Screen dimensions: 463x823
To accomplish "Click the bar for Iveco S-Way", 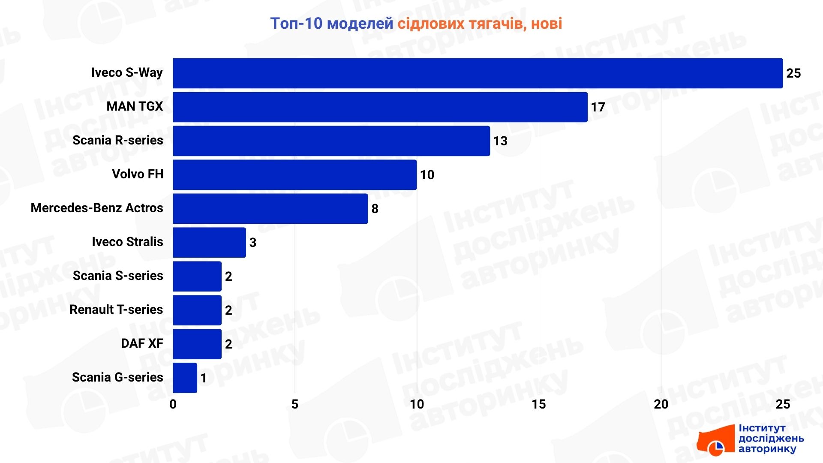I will pos(478,73).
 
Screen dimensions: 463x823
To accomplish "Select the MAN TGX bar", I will pos(380,107).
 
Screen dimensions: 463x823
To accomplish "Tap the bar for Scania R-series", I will pos(331,141).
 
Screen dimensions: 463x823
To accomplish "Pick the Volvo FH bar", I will pos(294,175).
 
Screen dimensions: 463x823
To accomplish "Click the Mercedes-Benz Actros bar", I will pos(270,209).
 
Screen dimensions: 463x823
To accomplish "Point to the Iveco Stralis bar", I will pos(209,243).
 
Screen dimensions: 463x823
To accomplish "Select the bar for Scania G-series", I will pos(185,378).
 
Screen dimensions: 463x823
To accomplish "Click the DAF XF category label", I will pos(142,343).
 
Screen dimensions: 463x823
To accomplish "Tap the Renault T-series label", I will pos(116,310).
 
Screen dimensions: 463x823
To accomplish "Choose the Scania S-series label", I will pos(118,276).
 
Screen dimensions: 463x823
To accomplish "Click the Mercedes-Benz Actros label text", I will pos(97,208).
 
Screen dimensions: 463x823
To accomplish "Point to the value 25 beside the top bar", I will pos(793,73).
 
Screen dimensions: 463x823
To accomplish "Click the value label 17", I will pos(598,107).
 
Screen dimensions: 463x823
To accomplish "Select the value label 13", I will pos(500,141).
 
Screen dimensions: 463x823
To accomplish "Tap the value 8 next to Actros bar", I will pos(375,209).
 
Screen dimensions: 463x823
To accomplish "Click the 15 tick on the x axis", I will pos(539,404).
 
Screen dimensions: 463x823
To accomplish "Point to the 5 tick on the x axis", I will pos(295,404).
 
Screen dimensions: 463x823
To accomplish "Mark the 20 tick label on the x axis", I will pos(661,404).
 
